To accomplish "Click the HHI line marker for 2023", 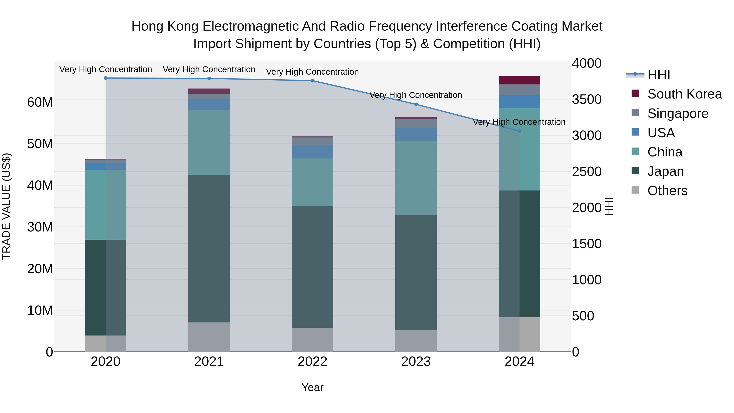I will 416,104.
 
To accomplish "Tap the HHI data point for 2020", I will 105,78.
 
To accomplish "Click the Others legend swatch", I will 635,190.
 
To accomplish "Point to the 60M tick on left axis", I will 40,102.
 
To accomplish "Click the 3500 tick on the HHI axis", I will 586,100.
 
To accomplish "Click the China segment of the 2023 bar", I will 416,178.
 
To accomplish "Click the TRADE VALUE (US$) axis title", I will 6,206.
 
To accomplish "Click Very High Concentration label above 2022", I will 312,72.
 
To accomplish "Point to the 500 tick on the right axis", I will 583,316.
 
